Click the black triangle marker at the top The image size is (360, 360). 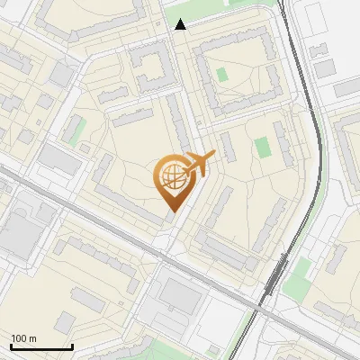tap(181, 24)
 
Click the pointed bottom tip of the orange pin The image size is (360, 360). tap(172, 212)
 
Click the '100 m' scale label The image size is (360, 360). tap(23, 338)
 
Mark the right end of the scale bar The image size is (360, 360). tap(72, 346)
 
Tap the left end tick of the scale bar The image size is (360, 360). tap(11, 346)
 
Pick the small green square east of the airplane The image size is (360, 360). tap(262, 147)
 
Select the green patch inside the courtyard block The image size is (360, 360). tap(222, 74)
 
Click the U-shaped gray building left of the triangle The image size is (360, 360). tap(154, 67)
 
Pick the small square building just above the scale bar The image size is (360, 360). tap(64, 322)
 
